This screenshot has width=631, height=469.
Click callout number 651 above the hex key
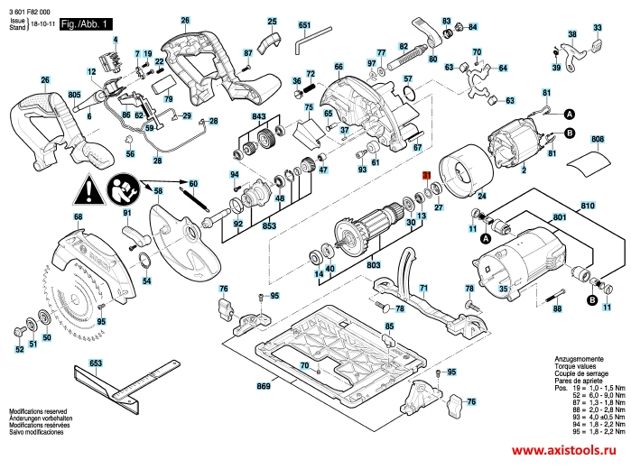click(x=304, y=25)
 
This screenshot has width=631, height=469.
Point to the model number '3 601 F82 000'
click(x=31, y=8)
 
